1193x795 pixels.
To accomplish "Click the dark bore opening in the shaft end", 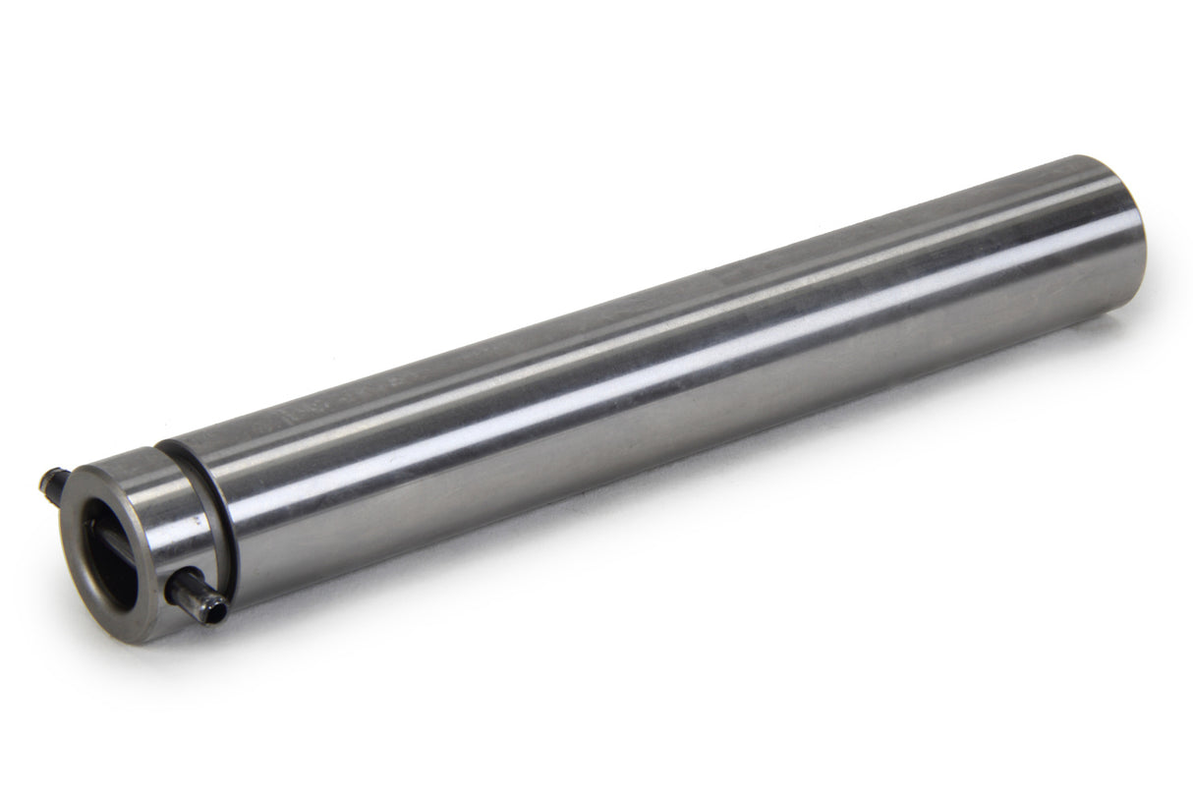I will (110, 550).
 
